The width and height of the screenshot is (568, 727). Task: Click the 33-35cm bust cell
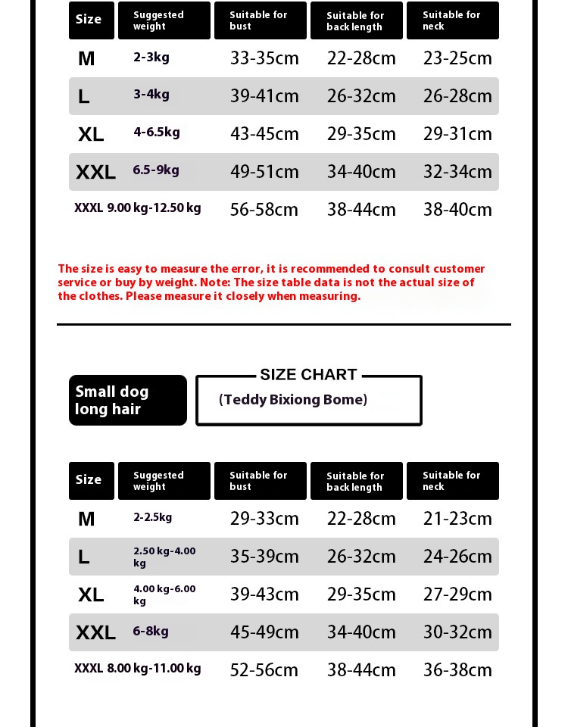[x=264, y=58]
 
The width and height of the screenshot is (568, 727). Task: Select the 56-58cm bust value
[x=264, y=210]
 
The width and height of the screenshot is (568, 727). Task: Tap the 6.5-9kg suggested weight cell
[x=156, y=170]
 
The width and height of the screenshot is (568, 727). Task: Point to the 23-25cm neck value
[x=457, y=58]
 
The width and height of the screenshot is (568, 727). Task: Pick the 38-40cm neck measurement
[x=457, y=210]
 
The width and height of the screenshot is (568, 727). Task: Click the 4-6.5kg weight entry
[x=157, y=133]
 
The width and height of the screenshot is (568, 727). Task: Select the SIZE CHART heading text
[x=308, y=375]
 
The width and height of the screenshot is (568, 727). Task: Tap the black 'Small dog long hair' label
[x=127, y=401]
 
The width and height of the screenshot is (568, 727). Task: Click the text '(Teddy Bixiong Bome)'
[x=293, y=400]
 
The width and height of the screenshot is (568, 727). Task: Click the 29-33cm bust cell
[x=264, y=519]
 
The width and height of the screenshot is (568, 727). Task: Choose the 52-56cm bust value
[x=264, y=670]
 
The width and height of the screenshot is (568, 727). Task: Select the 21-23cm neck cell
[x=457, y=519]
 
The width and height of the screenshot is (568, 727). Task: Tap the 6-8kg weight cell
[x=151, y=632]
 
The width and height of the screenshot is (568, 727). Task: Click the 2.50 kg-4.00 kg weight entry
[x=164, y=557]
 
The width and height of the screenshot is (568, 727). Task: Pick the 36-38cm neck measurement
[x=457, y=670]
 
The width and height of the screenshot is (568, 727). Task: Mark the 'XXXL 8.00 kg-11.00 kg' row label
[x=138, y=669]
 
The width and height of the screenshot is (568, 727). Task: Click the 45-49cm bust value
[x=264, y=632]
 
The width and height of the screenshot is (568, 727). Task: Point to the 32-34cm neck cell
[x=457, y=172]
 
